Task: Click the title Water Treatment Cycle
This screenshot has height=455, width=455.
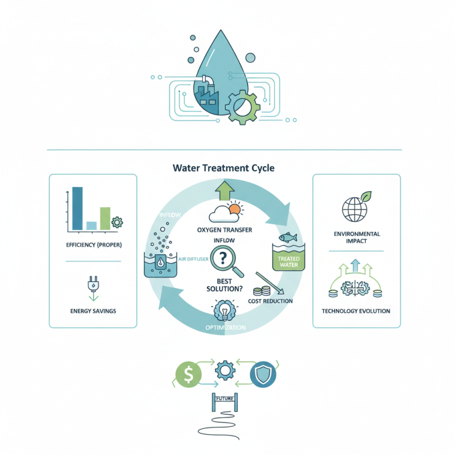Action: click(224, 168)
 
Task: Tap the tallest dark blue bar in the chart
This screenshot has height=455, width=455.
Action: click(77, 208)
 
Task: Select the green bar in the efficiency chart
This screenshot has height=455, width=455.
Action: click(105, 218)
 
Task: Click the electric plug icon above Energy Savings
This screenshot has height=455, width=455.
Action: click(93, 284)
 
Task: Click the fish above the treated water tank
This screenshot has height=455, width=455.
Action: click(288, 237)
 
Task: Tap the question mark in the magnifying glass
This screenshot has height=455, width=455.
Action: click(223, 258)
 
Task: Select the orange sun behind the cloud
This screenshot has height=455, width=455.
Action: click(235, 209)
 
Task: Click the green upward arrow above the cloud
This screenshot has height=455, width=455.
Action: click(225, 191)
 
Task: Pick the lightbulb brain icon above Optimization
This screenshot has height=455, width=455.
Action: click(225, 310)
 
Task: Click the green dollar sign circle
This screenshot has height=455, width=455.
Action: click(189, 374)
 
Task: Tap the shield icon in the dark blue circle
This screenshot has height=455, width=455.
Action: click(263, 374)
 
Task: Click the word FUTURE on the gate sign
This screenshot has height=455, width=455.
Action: click(225, 399)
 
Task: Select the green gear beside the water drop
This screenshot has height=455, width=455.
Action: click(243, 106)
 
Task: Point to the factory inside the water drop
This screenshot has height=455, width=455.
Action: click(206, 95)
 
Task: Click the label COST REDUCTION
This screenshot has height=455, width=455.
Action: click(270, 301)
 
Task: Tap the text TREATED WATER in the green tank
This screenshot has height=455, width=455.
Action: click(289, 262)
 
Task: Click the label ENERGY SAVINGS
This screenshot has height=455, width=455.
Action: click(93, 311)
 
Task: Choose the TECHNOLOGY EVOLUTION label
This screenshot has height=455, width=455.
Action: click(356, 311)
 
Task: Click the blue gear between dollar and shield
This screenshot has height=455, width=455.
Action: click(225, 370)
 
